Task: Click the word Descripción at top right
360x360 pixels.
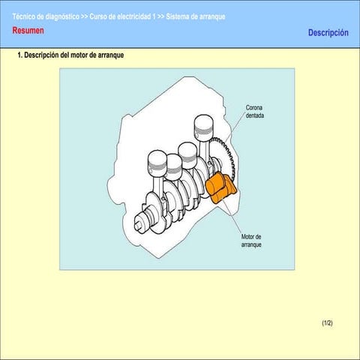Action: point(328,33)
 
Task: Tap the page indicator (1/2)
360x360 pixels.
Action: point(327,322)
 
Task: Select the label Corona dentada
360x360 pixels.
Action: point(255,112)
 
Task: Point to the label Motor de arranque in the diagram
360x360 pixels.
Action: point(251,241)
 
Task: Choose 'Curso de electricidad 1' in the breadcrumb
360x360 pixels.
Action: point(122,16)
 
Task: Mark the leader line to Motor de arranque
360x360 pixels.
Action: point(234,217)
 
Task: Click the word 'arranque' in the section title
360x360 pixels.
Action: point(111,56)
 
